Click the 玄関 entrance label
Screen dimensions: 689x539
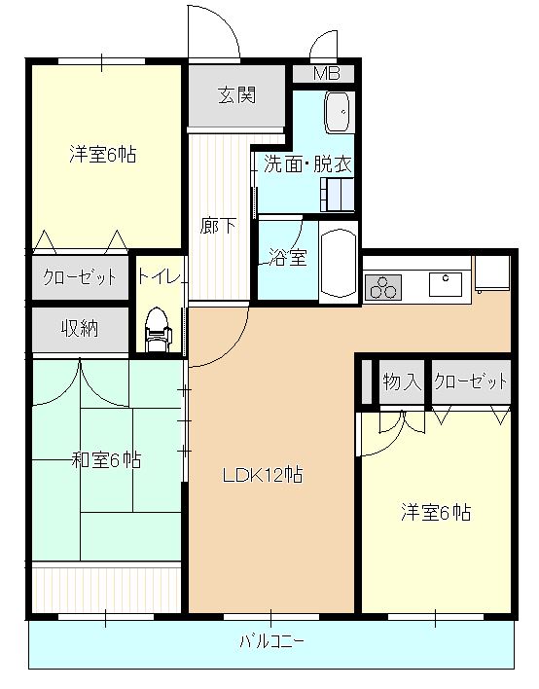(236, 95)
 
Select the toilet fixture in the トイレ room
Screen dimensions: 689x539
(156, 329)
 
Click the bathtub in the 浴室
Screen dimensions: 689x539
(340, 263)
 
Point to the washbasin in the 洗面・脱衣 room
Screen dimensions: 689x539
(339, 114)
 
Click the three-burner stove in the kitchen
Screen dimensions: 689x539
(383, 287)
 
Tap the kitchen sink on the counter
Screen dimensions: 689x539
(447, 281)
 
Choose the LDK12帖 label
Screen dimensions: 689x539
(262, 476)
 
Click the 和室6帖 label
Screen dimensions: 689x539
(106, 459)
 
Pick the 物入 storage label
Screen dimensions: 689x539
(401, 381)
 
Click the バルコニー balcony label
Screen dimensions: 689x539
(272, 643)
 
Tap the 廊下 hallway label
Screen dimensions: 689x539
(219, 227)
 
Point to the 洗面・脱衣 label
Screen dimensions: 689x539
(307, 163)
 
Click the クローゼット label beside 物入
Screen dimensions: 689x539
(472, 381)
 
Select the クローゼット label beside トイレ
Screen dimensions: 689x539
(80, 277)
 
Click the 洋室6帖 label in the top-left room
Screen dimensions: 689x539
(102, 154)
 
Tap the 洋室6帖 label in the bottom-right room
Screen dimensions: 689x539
(437, 512)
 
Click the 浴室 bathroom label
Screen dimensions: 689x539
(288, 258)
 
